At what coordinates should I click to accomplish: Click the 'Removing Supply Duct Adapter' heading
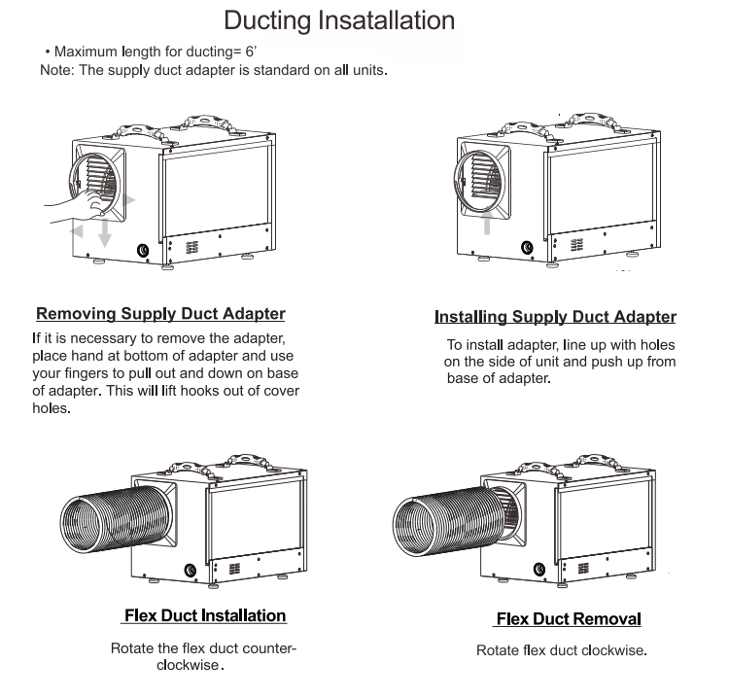point(160,314)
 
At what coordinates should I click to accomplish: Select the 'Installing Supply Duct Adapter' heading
point(554,317)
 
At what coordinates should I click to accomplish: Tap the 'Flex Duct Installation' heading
point(204,615)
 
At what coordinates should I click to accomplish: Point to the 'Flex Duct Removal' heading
point(569,619)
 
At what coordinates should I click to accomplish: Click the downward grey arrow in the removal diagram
point(105,232)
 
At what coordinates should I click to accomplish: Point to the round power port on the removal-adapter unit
point(144,250)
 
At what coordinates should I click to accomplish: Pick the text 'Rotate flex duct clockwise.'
point(561,650)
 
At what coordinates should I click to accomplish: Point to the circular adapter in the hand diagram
point(97,180)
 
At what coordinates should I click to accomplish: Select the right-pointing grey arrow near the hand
point(130,198)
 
